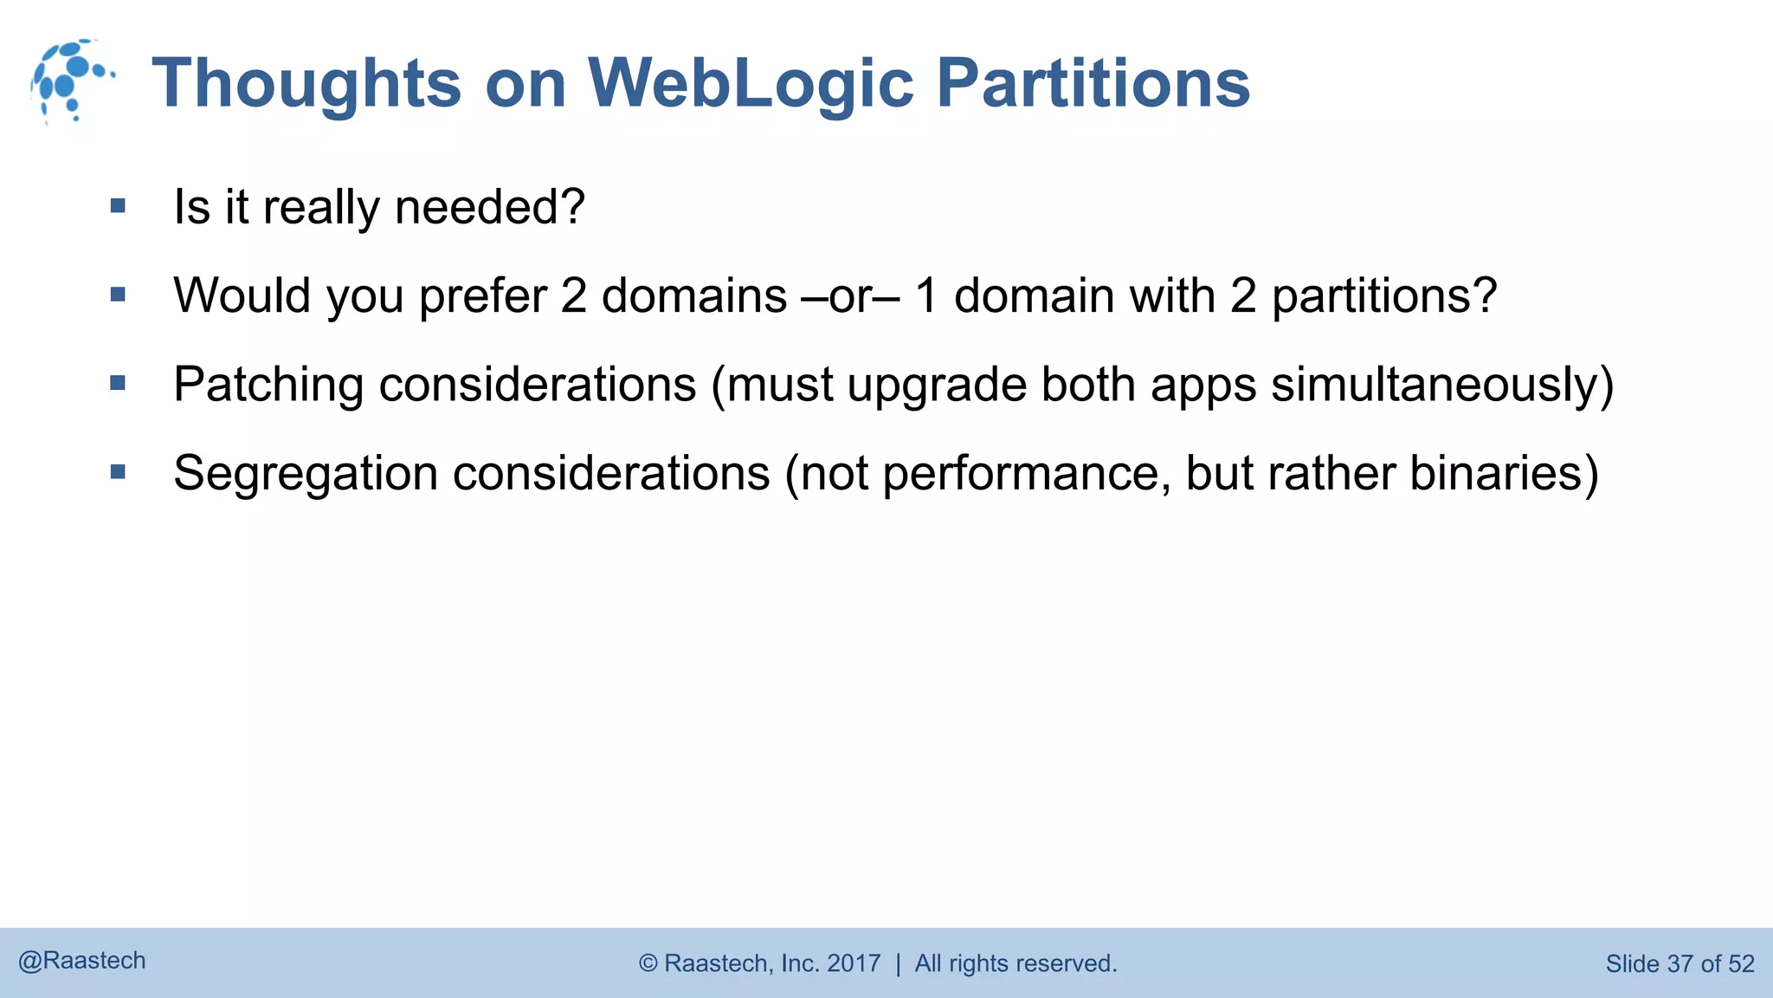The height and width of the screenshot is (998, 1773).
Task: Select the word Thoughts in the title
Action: click(x=306, y=84)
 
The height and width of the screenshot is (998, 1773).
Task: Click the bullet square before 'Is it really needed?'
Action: click(x=119, y=206)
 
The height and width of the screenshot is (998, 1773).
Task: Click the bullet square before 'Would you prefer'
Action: click(x=119, y=295)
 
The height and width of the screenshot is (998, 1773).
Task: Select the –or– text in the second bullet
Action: click(x=850, y=296)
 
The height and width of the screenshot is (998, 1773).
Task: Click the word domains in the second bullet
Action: click(x=693, y=296)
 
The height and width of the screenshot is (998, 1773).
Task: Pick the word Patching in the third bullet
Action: click(x=268, y=385)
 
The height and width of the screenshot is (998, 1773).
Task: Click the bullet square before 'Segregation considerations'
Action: click(x=119, y=472)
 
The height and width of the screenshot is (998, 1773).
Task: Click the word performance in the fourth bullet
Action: click(x=1022, y=475)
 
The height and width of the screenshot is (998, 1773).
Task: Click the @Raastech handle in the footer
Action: click(x=82, y=961)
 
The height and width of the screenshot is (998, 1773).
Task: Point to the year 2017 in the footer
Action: click(x=854, y=963)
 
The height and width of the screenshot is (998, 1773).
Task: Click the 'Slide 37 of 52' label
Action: click(x=1680, y=963)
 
